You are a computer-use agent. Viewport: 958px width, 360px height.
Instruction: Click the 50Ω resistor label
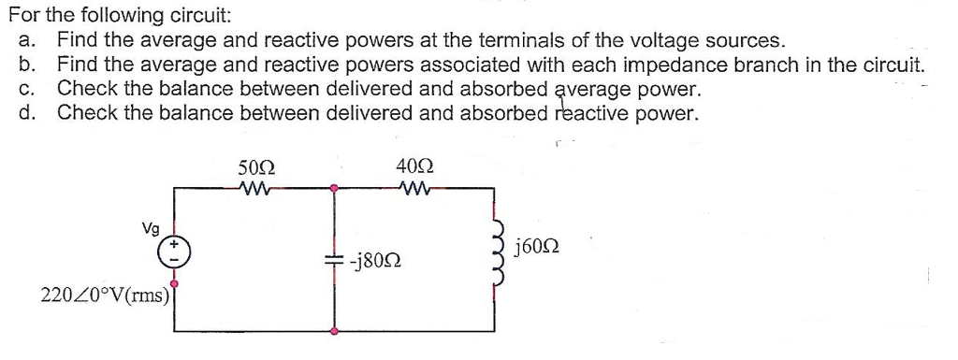coord(256,168)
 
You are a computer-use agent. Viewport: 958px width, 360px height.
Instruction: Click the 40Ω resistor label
coord(414,168)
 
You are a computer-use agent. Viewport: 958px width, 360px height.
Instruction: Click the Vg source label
coord(150,227)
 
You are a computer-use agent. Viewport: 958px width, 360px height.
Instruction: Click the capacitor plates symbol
coord(338,259)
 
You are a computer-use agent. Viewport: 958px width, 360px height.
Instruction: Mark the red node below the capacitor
coord(337,329)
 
